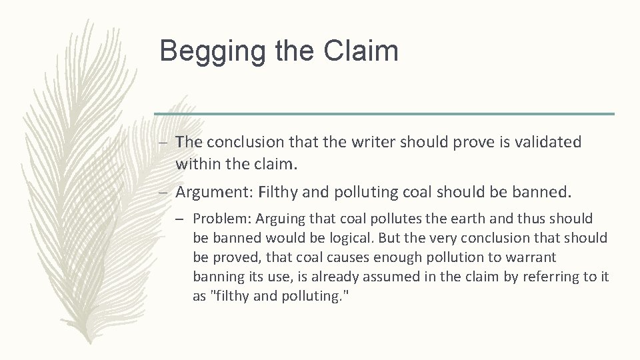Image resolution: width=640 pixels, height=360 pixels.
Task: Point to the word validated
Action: pyautogui.click(x=548, y=142)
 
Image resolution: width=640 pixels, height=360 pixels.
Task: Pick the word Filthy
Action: pyautogui.click(x=279, y=193)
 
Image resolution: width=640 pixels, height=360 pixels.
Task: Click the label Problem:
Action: pyautogui.click(x=219, y=219)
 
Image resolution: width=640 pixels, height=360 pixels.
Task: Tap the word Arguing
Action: pyautogui.click(x=275, y=219)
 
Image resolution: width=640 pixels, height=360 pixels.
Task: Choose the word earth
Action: pyautogui.click(x=447, y=219)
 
